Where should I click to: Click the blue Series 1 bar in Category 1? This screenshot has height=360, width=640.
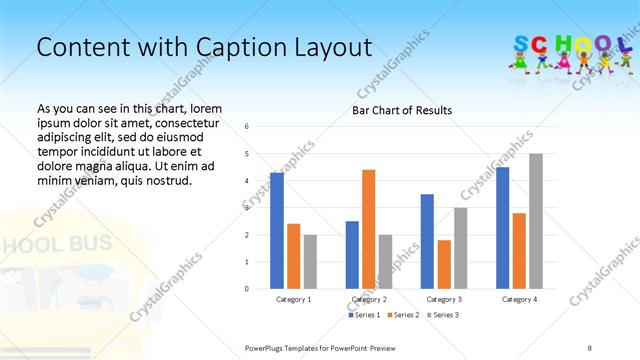pyautogui.click(x=277, y=231)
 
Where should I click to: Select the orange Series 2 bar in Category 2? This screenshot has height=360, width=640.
pyautogui.click(x=368, y=229)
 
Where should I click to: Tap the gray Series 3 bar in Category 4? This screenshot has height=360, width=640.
pyautogui.click(x=536, y=221)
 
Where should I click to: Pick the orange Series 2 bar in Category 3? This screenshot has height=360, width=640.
pyautogui.click(x=444, y=264)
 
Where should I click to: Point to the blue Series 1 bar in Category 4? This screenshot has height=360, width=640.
pyautogui.click(x=502, y=228)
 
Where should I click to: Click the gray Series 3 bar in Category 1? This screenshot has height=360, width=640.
pyautogui.click(x=310, y=261)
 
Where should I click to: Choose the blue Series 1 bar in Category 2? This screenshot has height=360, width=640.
pyautogui.click(x=352, y=255)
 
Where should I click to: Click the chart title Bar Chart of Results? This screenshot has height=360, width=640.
pyautogui.click(x=402, y=110)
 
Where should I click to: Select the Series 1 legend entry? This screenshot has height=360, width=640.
pyautogui.click(x=363, y=315)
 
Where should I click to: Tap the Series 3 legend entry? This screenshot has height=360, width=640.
pyautogui.click(x=442, y=315)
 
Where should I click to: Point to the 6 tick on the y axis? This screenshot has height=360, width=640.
pyautogui.click(x=247, y=127)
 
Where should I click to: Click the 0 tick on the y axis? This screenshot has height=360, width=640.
pyautogui.click(x=247, y=289)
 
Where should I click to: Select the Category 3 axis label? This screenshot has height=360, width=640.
pyautogui.click(x=443, y=299)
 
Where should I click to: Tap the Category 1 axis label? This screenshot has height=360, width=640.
pyautogui.click(x=293, y=299)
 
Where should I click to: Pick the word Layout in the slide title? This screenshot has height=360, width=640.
pyautogui.click(x=331, y=47)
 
